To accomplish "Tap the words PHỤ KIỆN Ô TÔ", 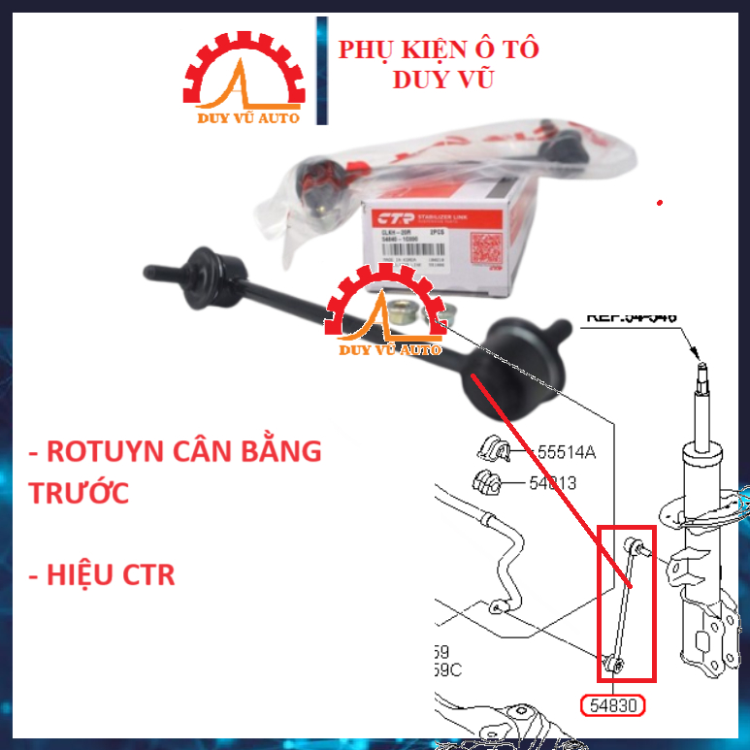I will click(x=439, y=49).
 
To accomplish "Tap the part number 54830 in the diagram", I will click(x=610, y=705).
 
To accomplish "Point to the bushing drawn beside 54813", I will click(x=486, y=481).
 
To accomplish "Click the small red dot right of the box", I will click(x=660, y=203).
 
